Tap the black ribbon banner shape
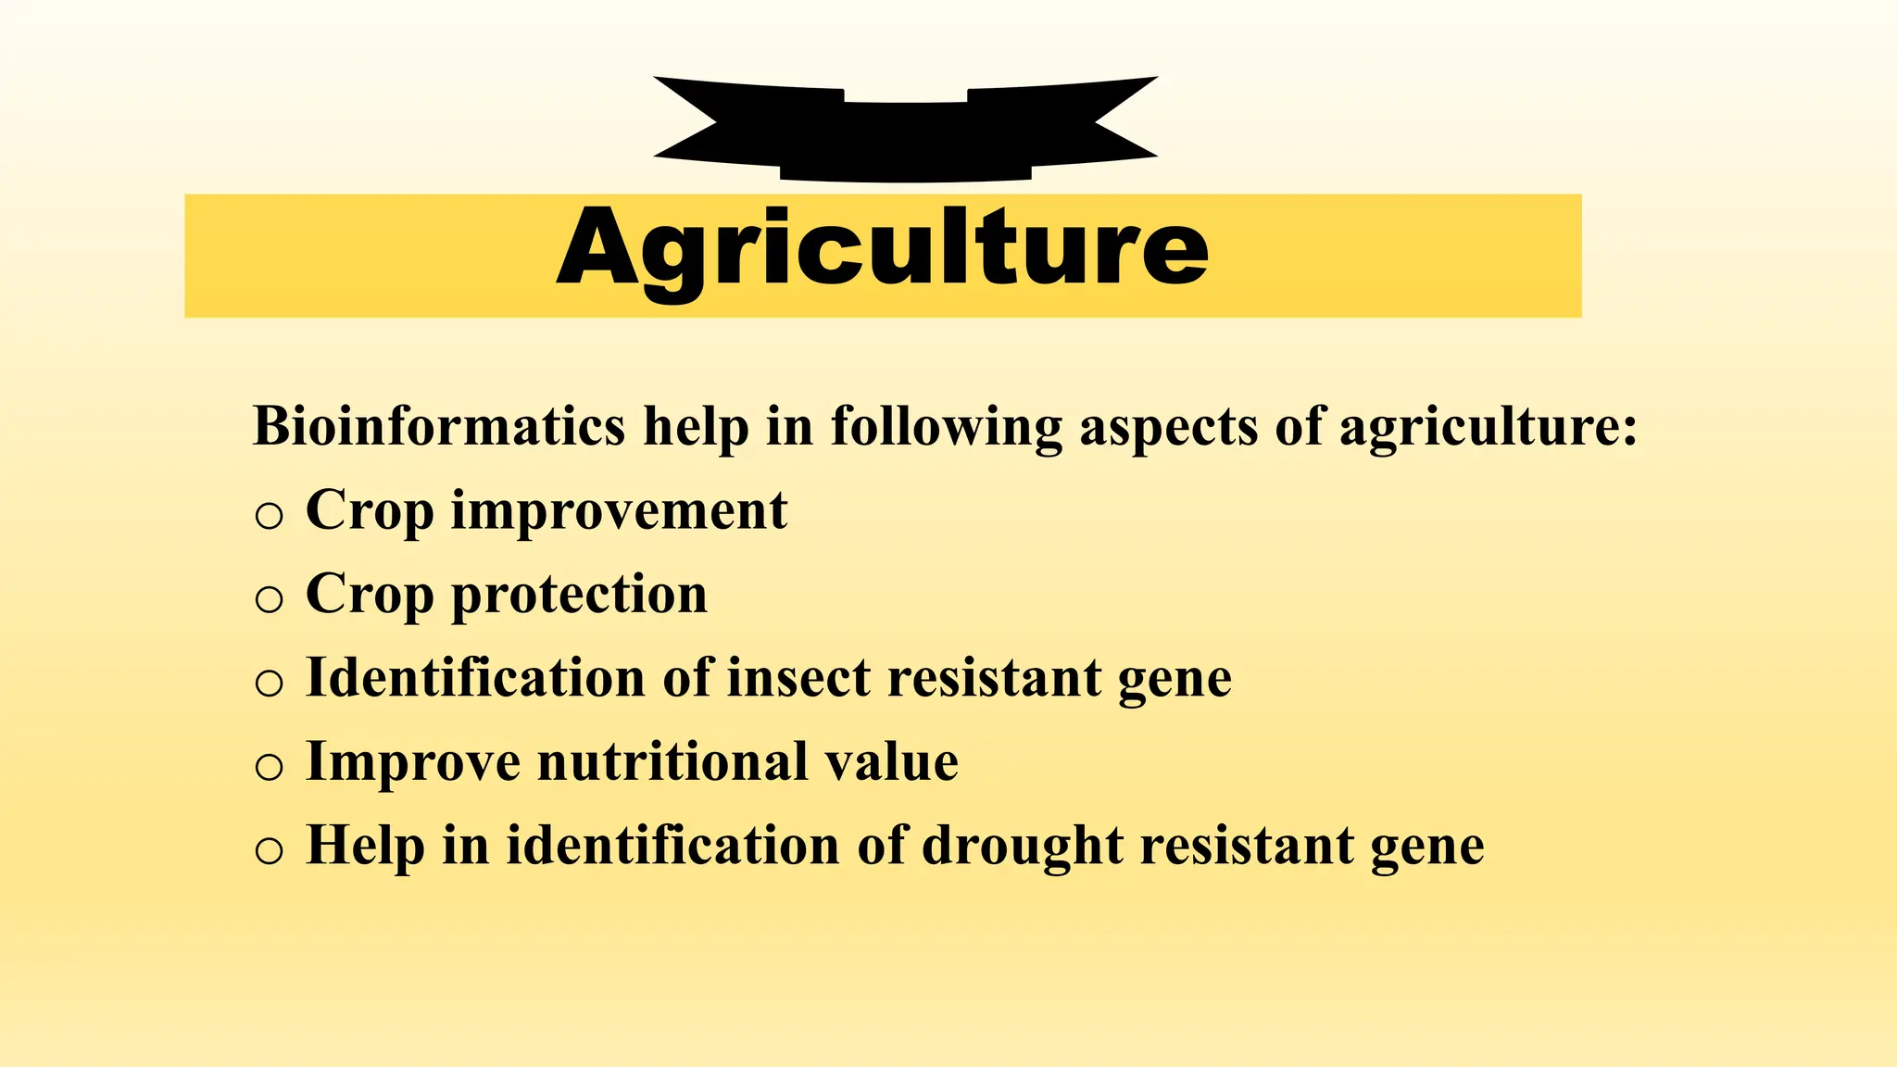(905, 130)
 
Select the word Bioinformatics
(439, 427)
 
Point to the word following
(946, 429)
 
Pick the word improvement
(619, 512)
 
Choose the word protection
(579, 596)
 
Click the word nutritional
(672, 762)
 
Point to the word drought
(1022, 846)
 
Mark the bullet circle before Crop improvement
(269, 516)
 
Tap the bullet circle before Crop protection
(269, 599)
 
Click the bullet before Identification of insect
(269, 684)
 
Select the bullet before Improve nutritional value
(269, 767)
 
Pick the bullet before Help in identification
(269, 850)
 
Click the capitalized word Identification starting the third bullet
(475, 678)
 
